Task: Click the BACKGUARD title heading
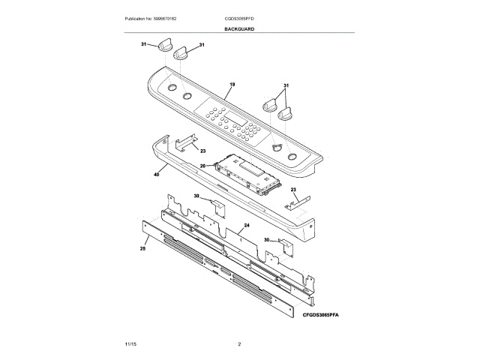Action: pyautogui.click(x=239, y=28)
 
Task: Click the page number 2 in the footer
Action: pyautogui.click(x=239, y=344)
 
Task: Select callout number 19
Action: pyautogui.click(x=232, y=85)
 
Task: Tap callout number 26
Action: pyautogui.click(x=202, y=166)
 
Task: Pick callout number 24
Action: pyautogui.click(x=246, y=225)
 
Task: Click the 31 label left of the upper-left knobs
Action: pyautogui.click(x=143, y=45)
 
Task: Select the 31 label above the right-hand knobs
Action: pyautogui.click(x=286, y=85)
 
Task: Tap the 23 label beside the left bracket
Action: pyautogui.click(x=202, y=151)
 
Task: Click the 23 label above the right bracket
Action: pyautogui.click(x=293, y=189)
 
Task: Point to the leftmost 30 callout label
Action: pyautogui.click(x=196, y=196)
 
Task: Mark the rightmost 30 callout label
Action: pyautogui.click(x=266, y=240)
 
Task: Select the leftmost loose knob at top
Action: pyautogui.click(x=166, y=46)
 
